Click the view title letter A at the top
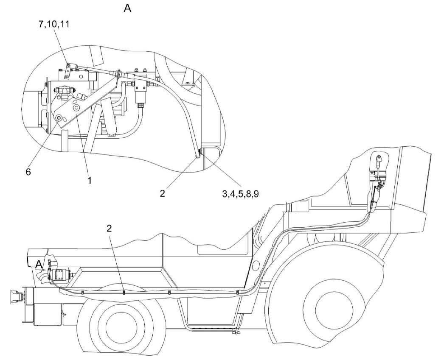pyautogui.click(x=127, y=8)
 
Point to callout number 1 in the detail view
pyautogui.click(x=90, y=180)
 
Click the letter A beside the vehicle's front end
pyautogui.click(x=39, y=265)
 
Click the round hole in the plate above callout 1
pyautogui.click(x=76, y=109)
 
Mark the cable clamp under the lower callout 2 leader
pyautogui.click(x=124, y=291)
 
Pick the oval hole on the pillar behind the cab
pyautogui.click(x=255, y=266)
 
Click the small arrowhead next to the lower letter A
pyautogui.click(x=47, y=268)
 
